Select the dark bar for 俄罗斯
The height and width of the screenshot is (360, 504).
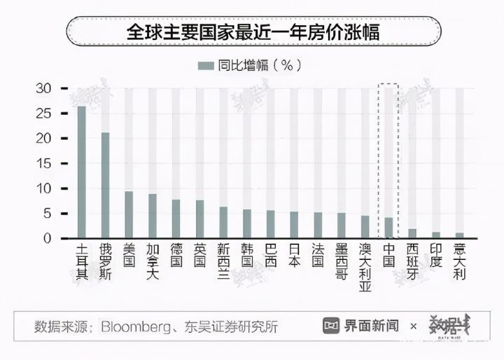(105, 185)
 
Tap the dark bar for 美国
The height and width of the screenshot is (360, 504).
(129, 214)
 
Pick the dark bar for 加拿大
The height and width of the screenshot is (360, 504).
(153, 216)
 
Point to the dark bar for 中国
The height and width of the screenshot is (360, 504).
(388, 228)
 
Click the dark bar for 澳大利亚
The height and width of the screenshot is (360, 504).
(365, 227)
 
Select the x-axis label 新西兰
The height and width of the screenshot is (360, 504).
(223, 261)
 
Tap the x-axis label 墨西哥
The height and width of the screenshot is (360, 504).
(341, 261)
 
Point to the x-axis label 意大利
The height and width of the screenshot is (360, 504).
(459, 261)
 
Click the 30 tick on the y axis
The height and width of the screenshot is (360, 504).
(43, 88)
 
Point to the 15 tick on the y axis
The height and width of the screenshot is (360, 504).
(43, 163)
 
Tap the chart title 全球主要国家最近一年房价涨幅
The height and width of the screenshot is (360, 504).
(251, 32)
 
